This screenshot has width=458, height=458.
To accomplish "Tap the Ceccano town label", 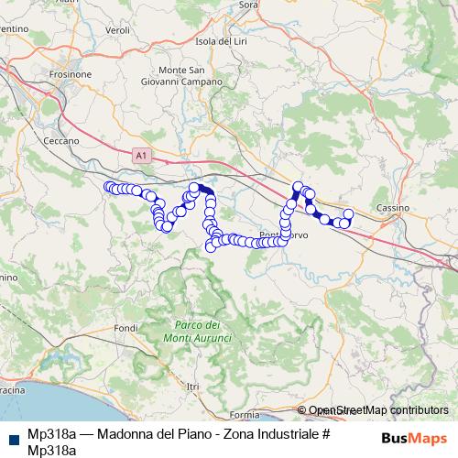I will [61, 141].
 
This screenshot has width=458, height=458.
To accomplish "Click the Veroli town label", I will [118, 29].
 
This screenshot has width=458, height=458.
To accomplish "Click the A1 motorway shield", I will [140, 157].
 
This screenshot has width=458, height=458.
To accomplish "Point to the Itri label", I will [192, 387].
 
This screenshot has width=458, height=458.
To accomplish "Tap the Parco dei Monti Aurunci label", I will [202, 333].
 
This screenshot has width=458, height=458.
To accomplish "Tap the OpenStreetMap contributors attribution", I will [378, 410].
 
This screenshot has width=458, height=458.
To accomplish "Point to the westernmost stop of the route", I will [108, 187].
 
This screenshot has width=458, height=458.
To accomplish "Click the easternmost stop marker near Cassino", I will [348, 214].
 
